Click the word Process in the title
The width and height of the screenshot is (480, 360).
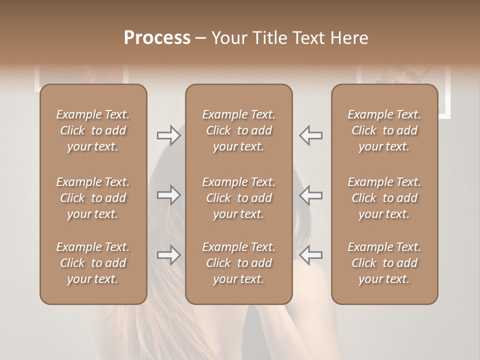point(157,38)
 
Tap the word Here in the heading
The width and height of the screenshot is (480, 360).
point(349,38)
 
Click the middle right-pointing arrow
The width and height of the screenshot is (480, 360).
point(168,195)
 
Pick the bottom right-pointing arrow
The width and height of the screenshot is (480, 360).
point(168,255)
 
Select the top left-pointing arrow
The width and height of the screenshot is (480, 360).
point(310,135)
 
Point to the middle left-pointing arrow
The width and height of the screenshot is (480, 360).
point(310,195)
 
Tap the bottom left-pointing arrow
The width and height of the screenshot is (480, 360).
point(310,254)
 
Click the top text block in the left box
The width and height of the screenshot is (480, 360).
point(93,130)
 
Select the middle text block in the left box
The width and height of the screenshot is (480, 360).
point(93,198)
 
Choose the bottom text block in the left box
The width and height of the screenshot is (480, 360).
point(93,263)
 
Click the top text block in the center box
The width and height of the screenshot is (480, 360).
point(238,130)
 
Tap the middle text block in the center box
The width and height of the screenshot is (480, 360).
point(238,198)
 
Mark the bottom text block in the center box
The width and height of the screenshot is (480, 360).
point(238,263)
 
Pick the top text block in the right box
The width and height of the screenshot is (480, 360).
point(384,130)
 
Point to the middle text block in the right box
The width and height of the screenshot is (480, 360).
point(384,198)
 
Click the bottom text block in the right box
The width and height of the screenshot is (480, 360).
point(384,263)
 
